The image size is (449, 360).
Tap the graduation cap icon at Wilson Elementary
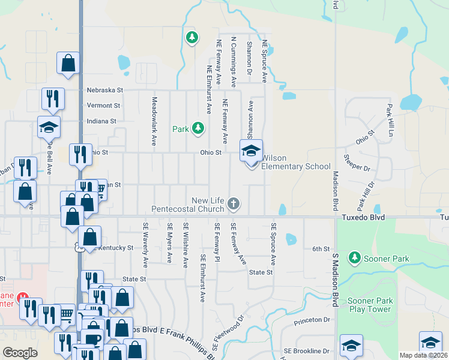[x=251, y=150]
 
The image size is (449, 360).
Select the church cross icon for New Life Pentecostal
[x=234, y=205]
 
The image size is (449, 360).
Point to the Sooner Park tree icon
[x=354, y=258]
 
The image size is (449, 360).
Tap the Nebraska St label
[x=104, y=90]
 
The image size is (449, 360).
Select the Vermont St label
[x=103, y=105]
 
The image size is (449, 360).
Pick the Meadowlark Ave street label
[x=154, y=122]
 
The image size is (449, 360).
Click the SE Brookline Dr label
[x=307, y=351]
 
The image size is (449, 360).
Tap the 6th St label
[x=321, y=249]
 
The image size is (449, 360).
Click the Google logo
[x=20, y=352]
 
